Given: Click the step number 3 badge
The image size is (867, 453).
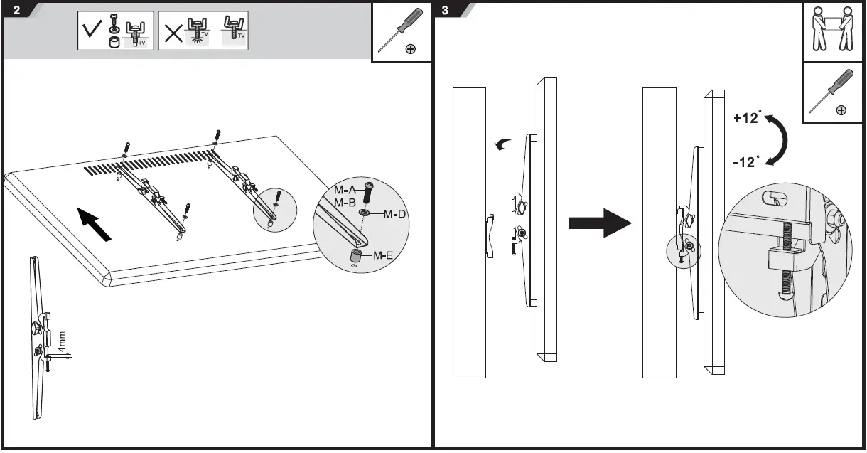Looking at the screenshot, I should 446,11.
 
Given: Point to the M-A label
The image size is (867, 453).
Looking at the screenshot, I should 345,190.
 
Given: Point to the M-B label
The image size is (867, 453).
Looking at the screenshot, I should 345,202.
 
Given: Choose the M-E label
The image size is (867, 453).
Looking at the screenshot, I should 384,255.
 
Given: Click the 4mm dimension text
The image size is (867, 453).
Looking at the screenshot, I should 63,342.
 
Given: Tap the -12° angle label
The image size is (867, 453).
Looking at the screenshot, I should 747,162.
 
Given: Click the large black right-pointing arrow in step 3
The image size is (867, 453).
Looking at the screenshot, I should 599,223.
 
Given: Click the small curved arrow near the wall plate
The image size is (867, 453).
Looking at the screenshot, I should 501,145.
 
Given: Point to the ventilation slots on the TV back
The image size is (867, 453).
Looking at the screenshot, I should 149,162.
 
